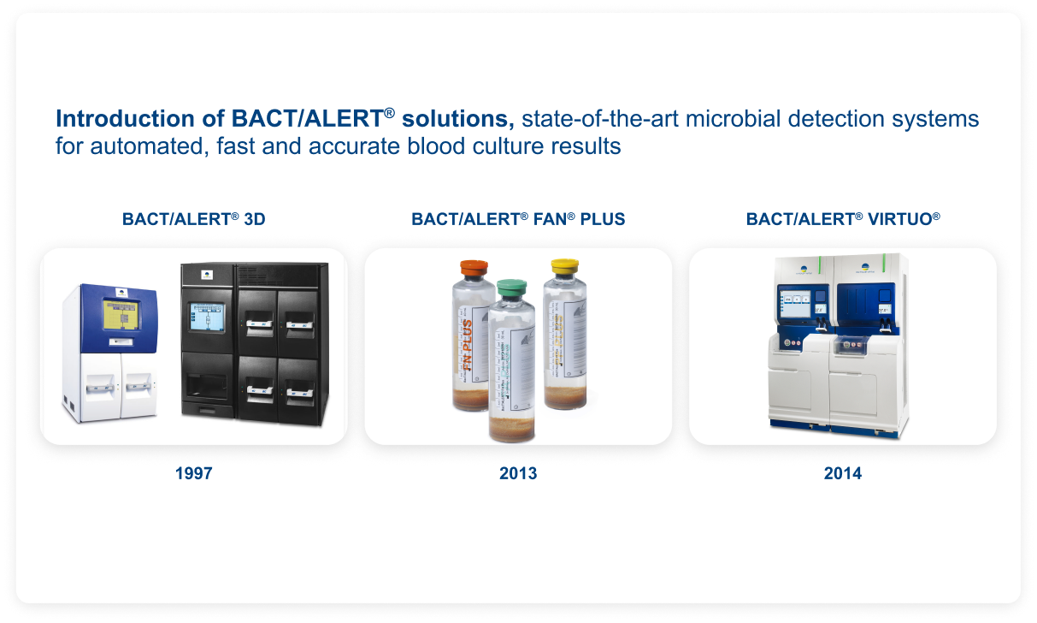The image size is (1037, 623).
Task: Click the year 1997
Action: coord(193,473)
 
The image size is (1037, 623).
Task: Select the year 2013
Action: coord(518,473)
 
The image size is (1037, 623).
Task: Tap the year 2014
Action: coord(842,473)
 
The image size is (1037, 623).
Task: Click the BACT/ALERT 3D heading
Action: coord(193,219)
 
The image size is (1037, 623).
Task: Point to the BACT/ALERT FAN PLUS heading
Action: coord(518,219)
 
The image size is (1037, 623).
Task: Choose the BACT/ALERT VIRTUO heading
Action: coord(842,219)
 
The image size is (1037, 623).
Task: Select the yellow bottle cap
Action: coord(565,266)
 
